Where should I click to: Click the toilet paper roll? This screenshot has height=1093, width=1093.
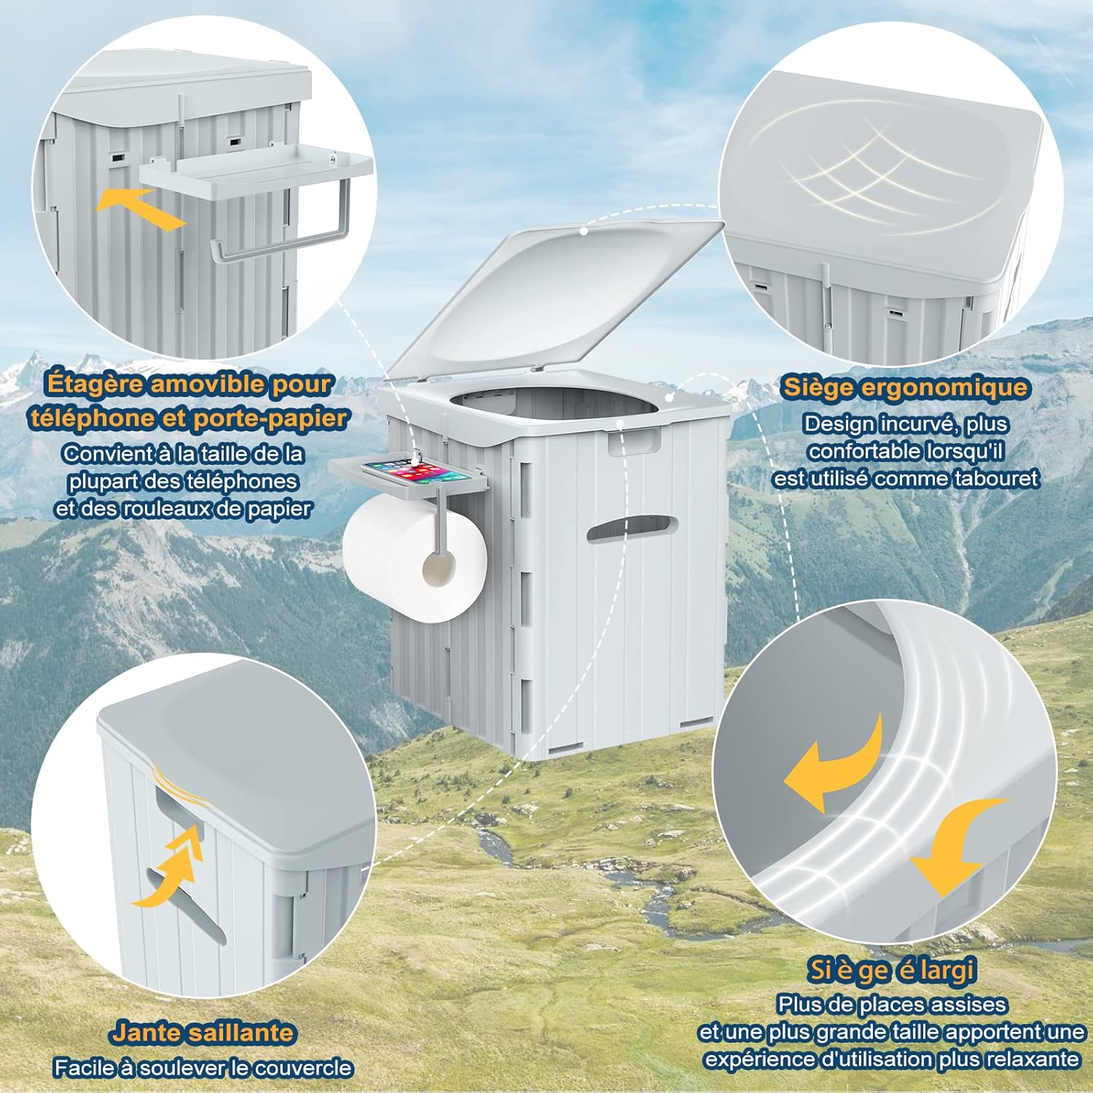[415, 562]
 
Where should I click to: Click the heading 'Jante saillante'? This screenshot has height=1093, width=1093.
[203, 1033]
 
